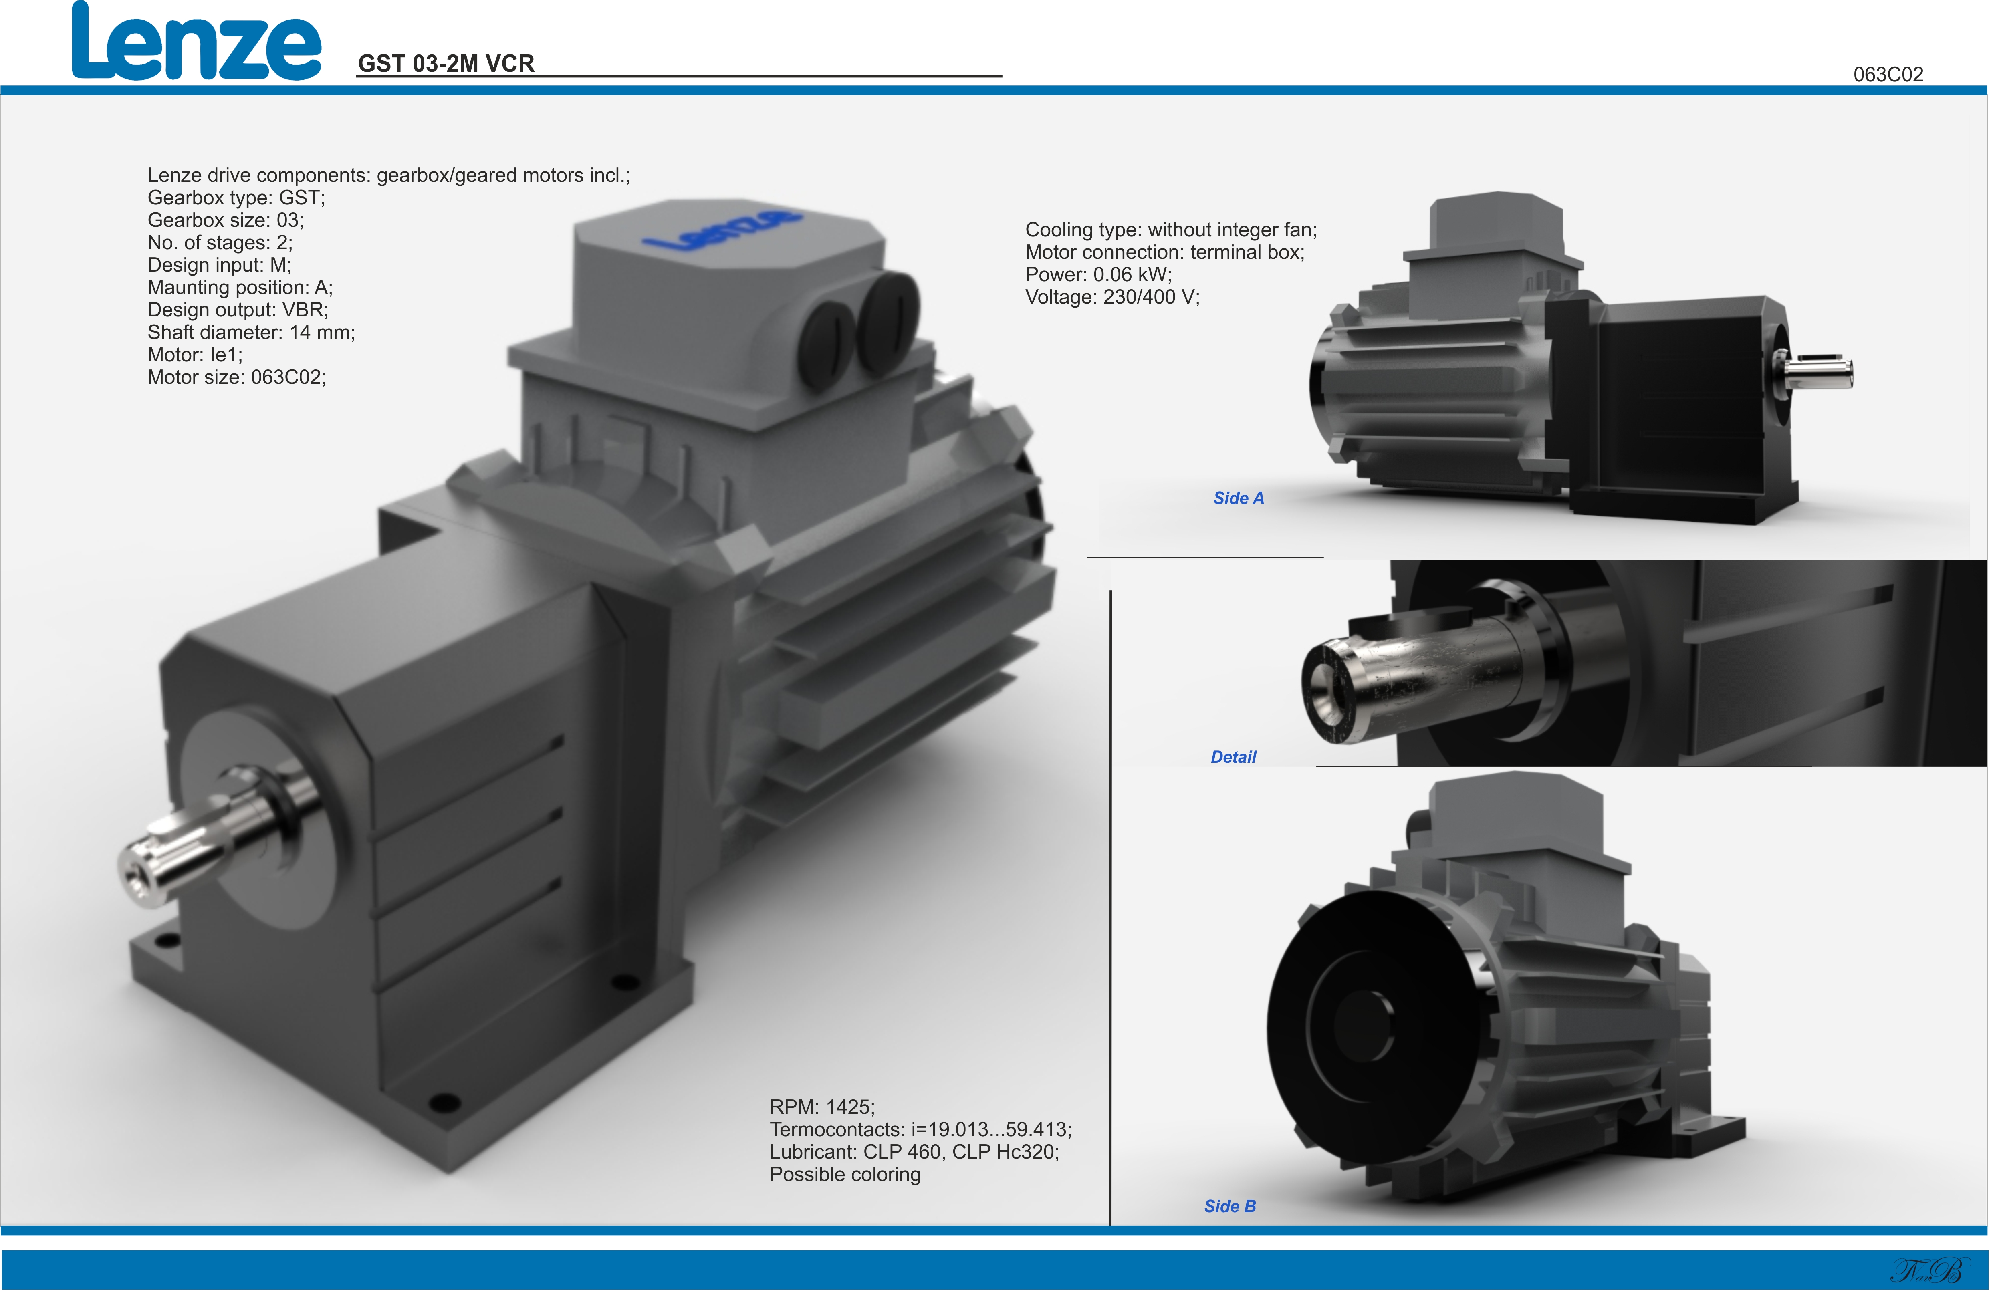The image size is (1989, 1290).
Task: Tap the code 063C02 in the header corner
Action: (1888, 75)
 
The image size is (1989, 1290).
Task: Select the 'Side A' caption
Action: (1239, 498)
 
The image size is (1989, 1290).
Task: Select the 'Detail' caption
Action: (1234, 757)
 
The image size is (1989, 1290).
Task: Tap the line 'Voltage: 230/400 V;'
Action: (1112, 297)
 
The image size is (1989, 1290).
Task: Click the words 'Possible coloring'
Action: (845, 1175)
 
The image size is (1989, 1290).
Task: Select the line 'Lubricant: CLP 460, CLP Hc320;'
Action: (914, 1152)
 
